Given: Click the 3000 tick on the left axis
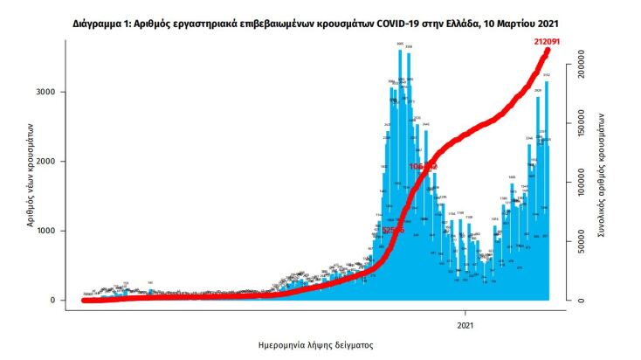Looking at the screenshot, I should coord(54,92).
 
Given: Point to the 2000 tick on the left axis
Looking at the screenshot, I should coord(54,162).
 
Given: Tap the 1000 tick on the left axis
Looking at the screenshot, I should coord(54,231).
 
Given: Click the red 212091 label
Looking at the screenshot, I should coord(548,41).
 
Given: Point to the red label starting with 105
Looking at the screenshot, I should coord(423,166).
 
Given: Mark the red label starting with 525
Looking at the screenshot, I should coord(393,230).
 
